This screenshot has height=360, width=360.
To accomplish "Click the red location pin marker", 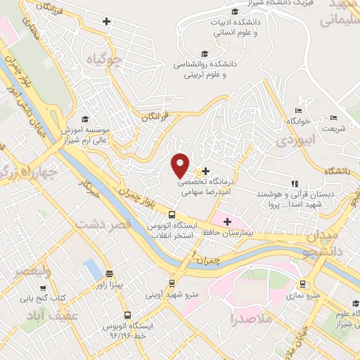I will tap(181, 165).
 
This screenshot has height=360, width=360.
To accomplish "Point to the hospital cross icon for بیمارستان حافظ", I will tap(227, 222).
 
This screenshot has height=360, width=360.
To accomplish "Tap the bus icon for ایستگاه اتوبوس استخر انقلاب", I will tap(172, 214).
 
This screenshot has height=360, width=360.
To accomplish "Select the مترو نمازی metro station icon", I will tap(302, 285).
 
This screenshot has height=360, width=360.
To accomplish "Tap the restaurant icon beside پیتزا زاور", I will tap(109, 274).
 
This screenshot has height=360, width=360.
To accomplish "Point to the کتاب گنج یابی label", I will tap(61, 298).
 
